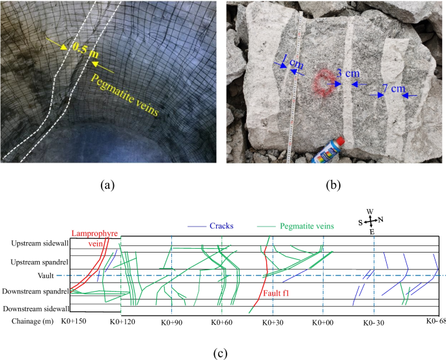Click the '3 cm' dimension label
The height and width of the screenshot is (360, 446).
(348, 72)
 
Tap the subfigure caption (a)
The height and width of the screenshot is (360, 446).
(108, 185)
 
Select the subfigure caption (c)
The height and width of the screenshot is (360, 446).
(221, 352)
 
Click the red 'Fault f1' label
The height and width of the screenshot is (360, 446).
(277, 294)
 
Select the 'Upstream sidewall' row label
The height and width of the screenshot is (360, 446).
(38, 243)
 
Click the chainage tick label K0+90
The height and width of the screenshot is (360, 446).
(172, 322)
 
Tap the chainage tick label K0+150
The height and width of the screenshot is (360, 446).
(74, 322)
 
